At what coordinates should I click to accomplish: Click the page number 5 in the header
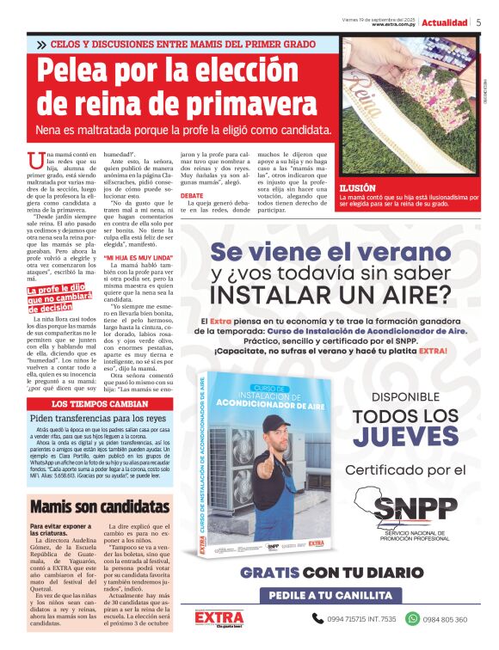point(478,22)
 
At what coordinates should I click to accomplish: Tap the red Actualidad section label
point(444,22)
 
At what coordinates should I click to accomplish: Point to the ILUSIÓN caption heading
point(358,187)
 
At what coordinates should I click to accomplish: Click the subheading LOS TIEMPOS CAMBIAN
point(99,403)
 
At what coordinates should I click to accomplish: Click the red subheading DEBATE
point(192,195)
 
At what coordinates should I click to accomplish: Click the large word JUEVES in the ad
point(405,437)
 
